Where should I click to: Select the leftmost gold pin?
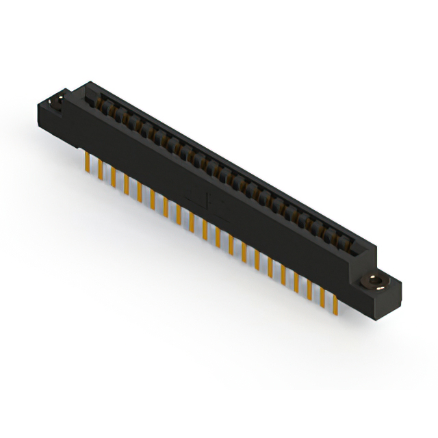pyautogui.click(x=88, y=162)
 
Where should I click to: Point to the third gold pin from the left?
pyautogui.click(x=114, y=176)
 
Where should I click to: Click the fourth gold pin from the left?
pyautogui.click(x=127, y=183)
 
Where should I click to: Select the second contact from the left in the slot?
pyautogui.click(x=109, y=109)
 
